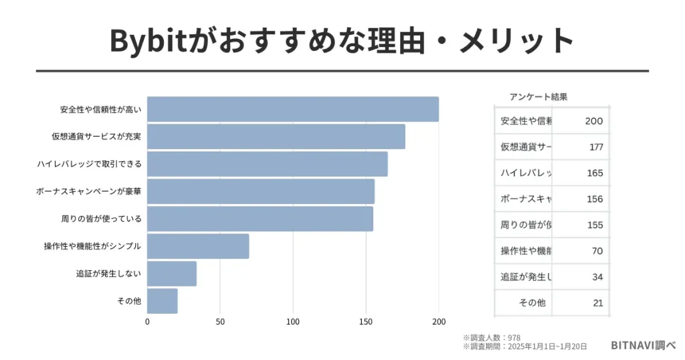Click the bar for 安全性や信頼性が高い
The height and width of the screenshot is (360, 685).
pos(293,109)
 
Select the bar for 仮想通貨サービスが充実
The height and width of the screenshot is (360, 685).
pos(276,137)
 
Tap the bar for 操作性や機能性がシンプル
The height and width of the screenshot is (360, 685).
pos(198,246)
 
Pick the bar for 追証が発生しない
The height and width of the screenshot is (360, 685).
pos(172,274)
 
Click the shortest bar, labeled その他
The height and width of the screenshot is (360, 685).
pos(163,301)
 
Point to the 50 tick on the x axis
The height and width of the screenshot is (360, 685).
pos(220,321)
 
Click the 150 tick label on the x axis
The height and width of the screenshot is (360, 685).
pos(366,321)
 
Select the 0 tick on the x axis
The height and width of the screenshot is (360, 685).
pos(147,321)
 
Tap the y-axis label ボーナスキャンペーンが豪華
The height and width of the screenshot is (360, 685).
pos(88,191)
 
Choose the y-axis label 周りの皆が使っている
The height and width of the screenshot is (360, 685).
pos(100,219)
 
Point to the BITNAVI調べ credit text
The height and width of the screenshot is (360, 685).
pos(643,345)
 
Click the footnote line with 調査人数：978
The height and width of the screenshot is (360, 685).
pos(491,338)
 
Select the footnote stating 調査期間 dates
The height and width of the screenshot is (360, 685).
pos(524,347)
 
